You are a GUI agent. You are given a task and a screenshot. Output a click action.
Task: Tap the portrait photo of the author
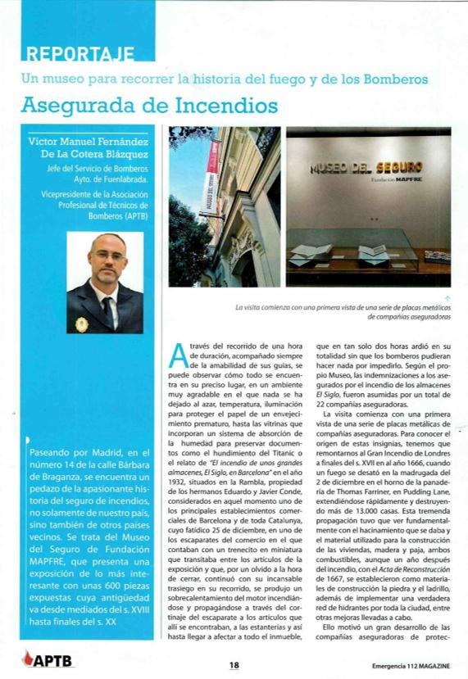pyautogui.click(x=104, y=283)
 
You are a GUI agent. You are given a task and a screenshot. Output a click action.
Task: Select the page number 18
pyautogui.click(x=234, y=664)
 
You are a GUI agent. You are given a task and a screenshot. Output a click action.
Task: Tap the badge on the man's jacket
pyautogui.click(x=81, y=324)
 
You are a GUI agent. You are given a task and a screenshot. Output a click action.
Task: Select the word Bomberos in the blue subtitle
pyautogui.click(x=400, y=80)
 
